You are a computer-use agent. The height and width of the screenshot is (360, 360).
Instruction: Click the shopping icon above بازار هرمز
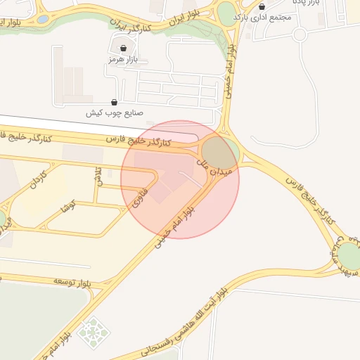tap(124, 49)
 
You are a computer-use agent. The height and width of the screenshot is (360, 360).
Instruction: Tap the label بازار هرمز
tap(120, 60)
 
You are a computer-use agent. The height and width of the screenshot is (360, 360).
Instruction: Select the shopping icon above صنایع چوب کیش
tap(115, 102)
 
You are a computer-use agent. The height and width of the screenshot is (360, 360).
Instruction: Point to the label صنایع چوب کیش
tap(115, 112)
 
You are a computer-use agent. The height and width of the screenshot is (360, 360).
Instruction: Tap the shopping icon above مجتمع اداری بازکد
tap(262, 6)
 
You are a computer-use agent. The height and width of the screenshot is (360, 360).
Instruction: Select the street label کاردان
tap(37, 182)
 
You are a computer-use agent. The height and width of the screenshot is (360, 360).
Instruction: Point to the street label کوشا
tap(68, 206)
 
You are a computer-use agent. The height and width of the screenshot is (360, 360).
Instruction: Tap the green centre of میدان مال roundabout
tap(220, 153)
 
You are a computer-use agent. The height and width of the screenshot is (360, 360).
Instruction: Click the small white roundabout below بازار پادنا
tap(300, 34)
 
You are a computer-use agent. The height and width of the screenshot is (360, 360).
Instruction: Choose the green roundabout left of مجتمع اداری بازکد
tap(227, 13)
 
